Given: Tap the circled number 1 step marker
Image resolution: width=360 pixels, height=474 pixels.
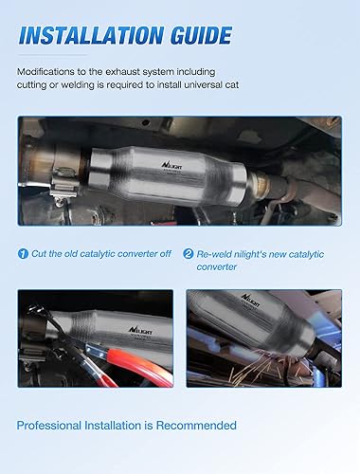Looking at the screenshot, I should point(24,254).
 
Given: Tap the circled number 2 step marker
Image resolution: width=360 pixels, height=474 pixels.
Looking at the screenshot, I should point(189,254).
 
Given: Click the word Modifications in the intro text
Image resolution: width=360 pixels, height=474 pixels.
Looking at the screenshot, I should point(47,72).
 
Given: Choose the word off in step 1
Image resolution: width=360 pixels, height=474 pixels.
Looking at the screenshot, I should point(162,254).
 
